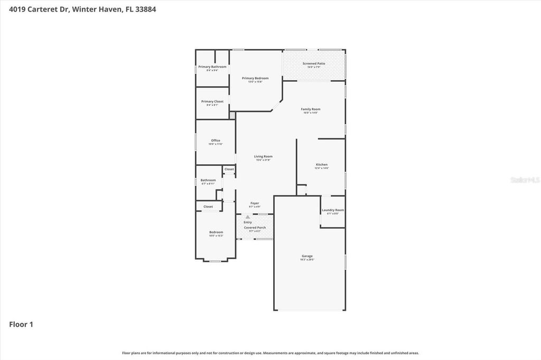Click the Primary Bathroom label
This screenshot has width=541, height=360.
point(212,67)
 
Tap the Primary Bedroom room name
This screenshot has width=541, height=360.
point(255,78)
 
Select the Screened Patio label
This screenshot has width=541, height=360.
point(314,63)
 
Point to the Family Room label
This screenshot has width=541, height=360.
point(311,109)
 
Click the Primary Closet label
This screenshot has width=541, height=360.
point(212,101)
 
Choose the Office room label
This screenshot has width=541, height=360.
point(216,140)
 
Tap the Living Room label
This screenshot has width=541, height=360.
point(263,156)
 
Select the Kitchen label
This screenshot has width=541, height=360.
point(322,165)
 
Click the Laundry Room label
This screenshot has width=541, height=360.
point(333,210)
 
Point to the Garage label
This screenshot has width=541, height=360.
point(307,256)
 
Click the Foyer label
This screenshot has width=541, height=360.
point(255,203)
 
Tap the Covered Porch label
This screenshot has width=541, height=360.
point(255,228)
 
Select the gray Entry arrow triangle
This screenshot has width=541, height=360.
point(248,217)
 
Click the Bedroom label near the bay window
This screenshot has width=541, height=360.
point(216,232)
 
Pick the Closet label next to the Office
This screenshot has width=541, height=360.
point(229,169)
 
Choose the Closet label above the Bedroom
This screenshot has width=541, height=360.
point(208,206)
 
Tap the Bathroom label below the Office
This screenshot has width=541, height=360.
point(208,180)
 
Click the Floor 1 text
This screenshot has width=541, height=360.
point(21,325)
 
